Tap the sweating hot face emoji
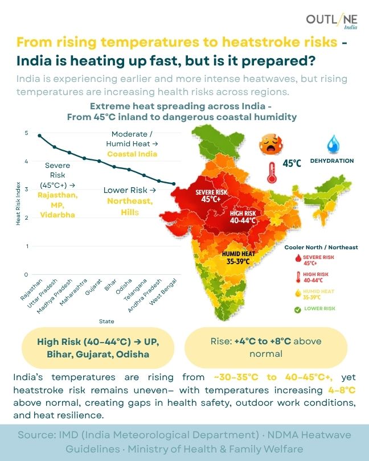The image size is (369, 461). tap(268, 143)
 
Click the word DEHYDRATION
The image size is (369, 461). tap(331, 161)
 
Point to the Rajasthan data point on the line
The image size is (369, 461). tap(39, 135)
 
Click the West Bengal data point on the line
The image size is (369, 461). tap(173, 184)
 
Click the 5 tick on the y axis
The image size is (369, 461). tap(26, 133)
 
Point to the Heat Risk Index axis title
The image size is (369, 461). tap(18, 204)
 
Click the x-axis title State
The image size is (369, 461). tap(106, 322)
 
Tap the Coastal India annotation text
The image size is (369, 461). tap(132, 154)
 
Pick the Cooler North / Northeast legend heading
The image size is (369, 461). tap(321, 248)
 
